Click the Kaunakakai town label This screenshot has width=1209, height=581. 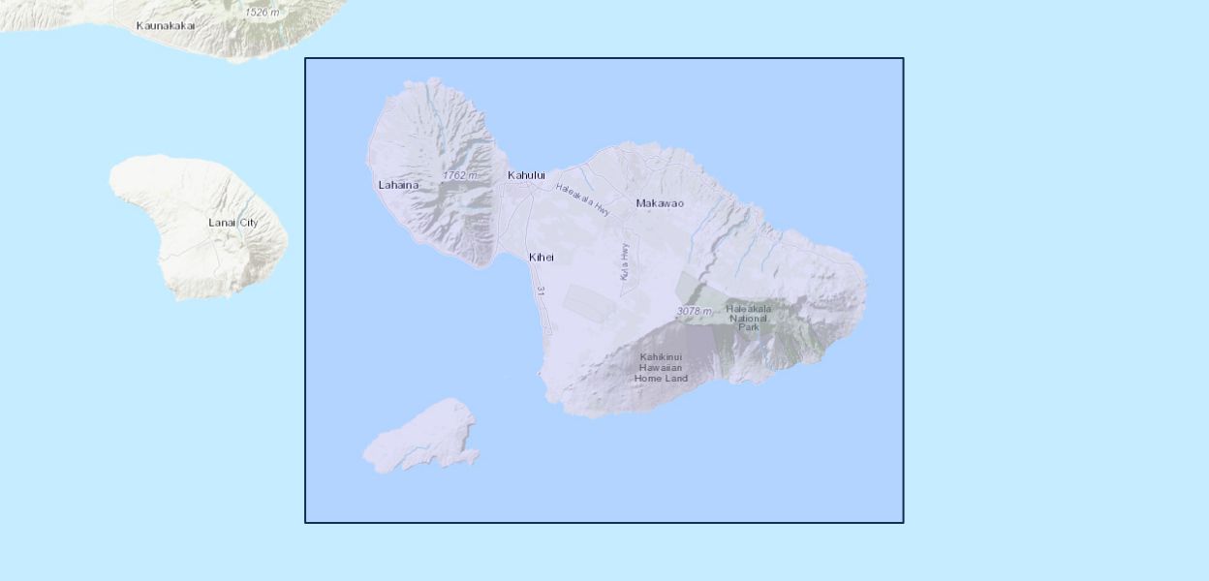pos(165,25)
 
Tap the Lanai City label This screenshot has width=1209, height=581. pos(233,223)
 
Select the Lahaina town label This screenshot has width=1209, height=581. pos(398,185)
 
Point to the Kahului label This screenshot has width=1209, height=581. pos(527,175)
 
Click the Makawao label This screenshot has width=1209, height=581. pos(660,203)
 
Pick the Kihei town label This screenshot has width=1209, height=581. pos(542,258)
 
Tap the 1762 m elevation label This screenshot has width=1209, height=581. pos(460,175)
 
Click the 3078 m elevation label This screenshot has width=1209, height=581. pos(694,311)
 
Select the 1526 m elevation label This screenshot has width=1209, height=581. pos(263,13)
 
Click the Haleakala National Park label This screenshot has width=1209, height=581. pos(749,318)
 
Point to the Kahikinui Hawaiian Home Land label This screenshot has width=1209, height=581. pos(662,368)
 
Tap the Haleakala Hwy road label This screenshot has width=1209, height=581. pos(583,199)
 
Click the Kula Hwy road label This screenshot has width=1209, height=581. pos(625,261)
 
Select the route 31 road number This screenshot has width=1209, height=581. pos(541,291)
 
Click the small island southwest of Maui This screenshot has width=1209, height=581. pos(424,438)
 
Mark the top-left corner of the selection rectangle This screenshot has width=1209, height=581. pos(305,58)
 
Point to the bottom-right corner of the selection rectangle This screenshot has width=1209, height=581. pos(903,522)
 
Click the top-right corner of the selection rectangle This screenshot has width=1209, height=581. pos(903,58)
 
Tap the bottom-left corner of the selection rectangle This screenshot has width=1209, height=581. pos(305,522)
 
